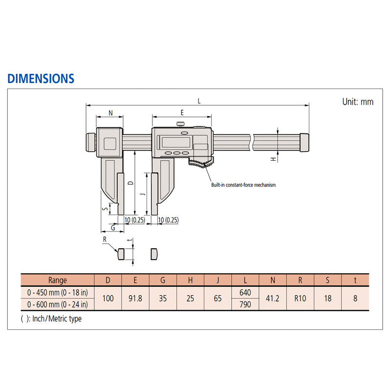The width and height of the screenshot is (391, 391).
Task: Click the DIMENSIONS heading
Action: coord(41,79)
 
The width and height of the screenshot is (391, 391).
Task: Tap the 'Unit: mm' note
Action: coord(358,102)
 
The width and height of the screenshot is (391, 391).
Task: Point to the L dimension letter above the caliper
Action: coord(199,101)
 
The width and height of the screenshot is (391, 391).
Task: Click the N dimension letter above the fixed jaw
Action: coord(111,113)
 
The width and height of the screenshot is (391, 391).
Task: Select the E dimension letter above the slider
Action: coord(182,113)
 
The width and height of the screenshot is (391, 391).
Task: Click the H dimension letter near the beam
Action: coord(274,159)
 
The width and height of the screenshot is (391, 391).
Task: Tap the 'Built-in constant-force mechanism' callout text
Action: coord(243,185)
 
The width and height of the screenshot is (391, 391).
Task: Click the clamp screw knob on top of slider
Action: coord(180,124)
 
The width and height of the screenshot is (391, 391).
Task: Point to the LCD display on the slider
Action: coord(176,142)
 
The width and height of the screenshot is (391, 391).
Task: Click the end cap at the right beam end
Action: coord(304,142)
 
